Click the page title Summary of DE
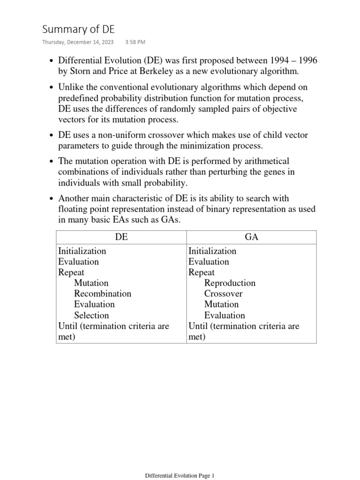[78, 30]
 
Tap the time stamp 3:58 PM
[135, 42]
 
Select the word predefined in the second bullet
[78, 98]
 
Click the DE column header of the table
[121, 237]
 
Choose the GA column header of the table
[252, 237]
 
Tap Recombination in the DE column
[102, 294]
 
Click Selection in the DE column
[91, 315]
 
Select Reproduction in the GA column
[230, 283]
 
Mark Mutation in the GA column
[221, 305]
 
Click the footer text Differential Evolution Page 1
[180, 475]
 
